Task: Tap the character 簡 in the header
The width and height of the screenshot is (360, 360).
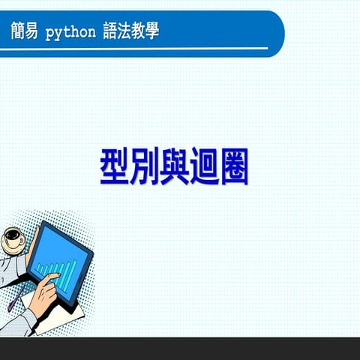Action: (x=18, y=31)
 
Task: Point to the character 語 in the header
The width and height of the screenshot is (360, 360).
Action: (x=109, y=31)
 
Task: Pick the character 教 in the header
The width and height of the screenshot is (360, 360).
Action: (x=142, y=31)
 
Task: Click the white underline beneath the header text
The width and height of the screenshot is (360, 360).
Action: (x=135, y=47)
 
